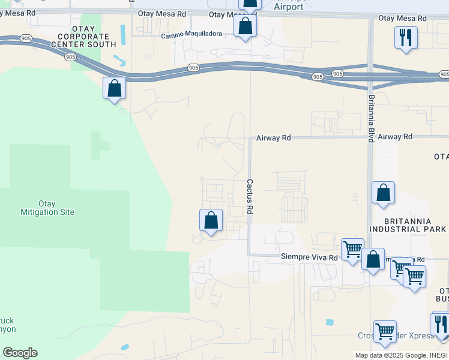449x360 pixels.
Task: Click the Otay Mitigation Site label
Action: pyautogui.click(x=56, y=208)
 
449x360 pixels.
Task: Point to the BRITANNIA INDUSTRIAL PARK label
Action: pyautogui.click(x=408, y=225)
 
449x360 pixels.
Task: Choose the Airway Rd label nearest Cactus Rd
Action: pyautogui.click(x=273, y=138)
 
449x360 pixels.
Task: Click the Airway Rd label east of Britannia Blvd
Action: pyautogui.click(x=395, y=137)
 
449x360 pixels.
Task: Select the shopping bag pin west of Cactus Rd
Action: pyautogui.click(x=211, y=220)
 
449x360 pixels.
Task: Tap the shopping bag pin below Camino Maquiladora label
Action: pyautogui.click(x=244, y=26)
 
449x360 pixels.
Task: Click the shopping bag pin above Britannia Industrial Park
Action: pyautogui.click(x=383, y=193)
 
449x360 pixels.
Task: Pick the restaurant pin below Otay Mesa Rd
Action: pyautogui.click(x=406, y=38)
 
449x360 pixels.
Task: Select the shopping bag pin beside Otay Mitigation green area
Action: pyautogui.click(x=114, y=89)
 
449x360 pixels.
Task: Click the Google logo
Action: pyautogui.click(x=20, y=353)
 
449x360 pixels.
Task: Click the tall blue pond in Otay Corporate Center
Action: pyautogui.click(x=124, y=35)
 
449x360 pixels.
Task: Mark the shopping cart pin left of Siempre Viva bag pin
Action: pyautogui.click(x=352, y=249)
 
